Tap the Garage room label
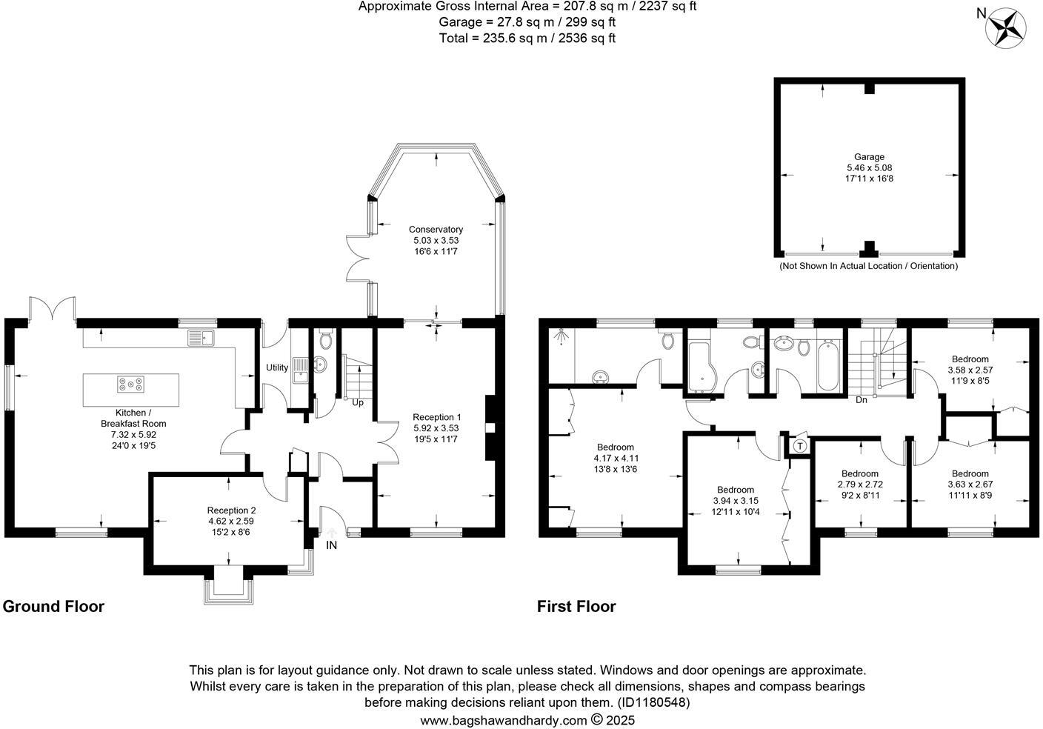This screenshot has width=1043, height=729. pos(869,157)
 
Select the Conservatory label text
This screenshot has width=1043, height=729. pos(436,229)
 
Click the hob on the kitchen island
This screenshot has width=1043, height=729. pos(130,384)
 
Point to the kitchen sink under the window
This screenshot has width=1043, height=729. pos(201,338)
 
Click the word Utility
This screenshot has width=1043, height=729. pos(277,367)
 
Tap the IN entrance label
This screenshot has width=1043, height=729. pos(331,545)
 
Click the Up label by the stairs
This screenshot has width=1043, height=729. pos(358,402)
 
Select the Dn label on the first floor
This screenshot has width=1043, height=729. pos(862,399)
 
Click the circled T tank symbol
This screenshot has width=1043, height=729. pos(800,446)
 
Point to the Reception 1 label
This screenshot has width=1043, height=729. pos(437,417)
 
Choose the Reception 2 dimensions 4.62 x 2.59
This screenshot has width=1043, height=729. pos(231,522)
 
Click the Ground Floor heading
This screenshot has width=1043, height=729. pos(53,606)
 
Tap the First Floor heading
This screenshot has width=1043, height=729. pos(576,606)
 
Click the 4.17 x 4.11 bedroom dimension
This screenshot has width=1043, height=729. pos(616,458)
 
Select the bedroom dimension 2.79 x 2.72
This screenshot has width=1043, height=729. pos(860,485)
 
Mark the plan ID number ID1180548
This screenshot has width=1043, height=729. pos(654,702)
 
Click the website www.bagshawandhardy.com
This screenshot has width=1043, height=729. pos(503,720)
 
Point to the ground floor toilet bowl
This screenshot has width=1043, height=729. pos(326,341)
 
